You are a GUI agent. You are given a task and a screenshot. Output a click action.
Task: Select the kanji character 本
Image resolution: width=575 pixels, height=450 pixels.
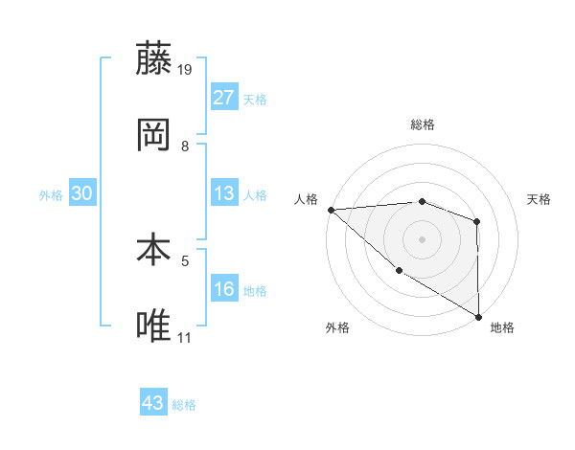tap(154, 251)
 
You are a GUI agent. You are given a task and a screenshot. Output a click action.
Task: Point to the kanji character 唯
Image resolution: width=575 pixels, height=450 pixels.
tap(154, 326)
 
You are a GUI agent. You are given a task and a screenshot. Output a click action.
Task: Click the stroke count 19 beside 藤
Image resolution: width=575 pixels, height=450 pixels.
tap(185, 70)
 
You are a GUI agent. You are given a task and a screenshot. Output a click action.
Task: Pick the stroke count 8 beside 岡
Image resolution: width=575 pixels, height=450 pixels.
tap(185, 146)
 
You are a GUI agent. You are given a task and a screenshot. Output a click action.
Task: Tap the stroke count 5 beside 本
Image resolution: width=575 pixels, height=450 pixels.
tap(185, 259)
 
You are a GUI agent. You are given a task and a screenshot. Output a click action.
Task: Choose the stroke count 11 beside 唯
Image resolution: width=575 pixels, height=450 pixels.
tap(185, 337)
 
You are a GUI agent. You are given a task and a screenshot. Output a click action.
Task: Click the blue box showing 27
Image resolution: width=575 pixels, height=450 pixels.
tap(224, 98)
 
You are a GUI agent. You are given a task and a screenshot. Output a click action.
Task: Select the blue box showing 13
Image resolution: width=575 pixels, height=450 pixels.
tap(224, 193)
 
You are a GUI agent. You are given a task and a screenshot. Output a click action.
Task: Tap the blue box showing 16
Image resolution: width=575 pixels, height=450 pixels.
tap(224, 289)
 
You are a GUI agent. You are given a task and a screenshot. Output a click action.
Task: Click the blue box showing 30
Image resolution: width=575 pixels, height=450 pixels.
tap(82, 193)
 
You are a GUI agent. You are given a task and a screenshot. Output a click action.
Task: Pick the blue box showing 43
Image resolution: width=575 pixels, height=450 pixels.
tap(153, 403)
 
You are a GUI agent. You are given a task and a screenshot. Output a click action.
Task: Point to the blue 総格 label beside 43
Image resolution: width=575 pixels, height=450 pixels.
tap(184, 405)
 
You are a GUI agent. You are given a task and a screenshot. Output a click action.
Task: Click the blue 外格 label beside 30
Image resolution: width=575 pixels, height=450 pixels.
tap(51, 195)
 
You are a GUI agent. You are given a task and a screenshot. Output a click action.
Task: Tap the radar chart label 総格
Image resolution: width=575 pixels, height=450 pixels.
tap(422, 124)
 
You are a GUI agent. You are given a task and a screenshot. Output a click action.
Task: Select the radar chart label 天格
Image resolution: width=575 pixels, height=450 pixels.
tap(540, 199)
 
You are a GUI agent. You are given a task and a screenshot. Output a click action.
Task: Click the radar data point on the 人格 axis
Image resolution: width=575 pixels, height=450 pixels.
tap(331, 209)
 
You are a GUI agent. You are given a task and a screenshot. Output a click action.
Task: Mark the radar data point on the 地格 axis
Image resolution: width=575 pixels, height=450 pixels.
tap(478, 316)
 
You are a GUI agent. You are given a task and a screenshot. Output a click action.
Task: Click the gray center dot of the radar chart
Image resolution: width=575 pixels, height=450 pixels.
tap(422, 238)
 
